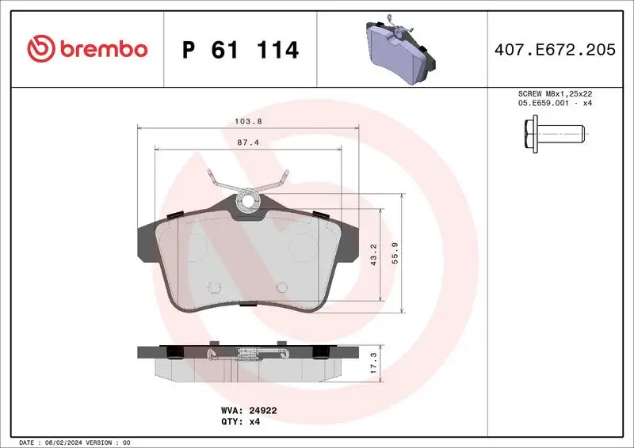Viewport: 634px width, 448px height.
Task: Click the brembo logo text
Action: tap(101, 49)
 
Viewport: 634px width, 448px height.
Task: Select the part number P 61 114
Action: tap(240, 50)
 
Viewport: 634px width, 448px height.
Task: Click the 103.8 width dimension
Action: tap(247, 122)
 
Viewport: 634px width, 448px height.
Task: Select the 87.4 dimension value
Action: tap(247, 142)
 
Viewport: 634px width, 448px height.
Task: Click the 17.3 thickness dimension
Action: tap(373, 362)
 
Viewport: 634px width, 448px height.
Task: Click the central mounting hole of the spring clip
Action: tap(248, 202)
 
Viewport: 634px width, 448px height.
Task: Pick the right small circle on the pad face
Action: tap(281, 287)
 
